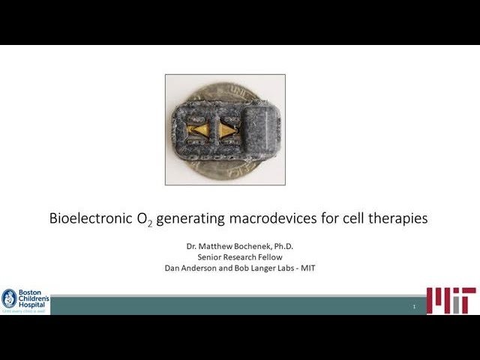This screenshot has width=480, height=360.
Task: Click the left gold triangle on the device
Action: click(201, 130)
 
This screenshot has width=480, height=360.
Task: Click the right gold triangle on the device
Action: click(226, 130)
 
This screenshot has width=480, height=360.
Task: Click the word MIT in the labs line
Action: click(305, 268)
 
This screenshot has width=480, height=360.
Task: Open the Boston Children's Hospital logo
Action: click(25, 301)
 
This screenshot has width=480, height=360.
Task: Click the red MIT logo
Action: click(451, 301)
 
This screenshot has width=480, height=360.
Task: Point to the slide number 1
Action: click(414, 307)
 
